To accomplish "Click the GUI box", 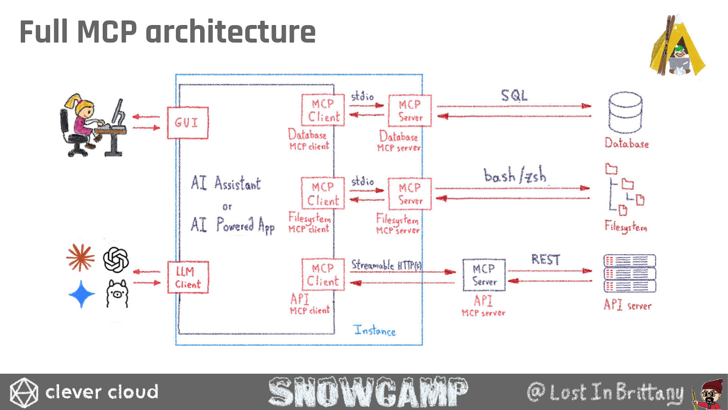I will click(x=187, y=123).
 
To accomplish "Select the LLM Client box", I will click(x=188, y=277).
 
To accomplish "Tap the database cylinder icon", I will click(x=625, y=112).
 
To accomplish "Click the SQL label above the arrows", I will click(x=514, y=96).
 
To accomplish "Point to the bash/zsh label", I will click(x=515, y=175).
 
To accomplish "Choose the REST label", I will click(x=545, y=260).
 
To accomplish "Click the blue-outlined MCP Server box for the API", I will click(x=484, y=275).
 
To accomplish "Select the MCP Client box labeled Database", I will click(x=323, y=110).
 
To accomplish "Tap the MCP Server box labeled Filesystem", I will click(x=409, y=194).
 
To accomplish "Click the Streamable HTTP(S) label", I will click(x=386, y=265).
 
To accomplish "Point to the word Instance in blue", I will click(x=374, y=330).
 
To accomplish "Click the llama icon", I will click(x=117, y=294).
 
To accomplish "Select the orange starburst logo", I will click(x=81, y=257).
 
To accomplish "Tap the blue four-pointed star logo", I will click(x=81, y=294).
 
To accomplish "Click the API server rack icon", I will click(x=629, y=273).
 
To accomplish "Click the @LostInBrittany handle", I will click(x=605, y=392).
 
